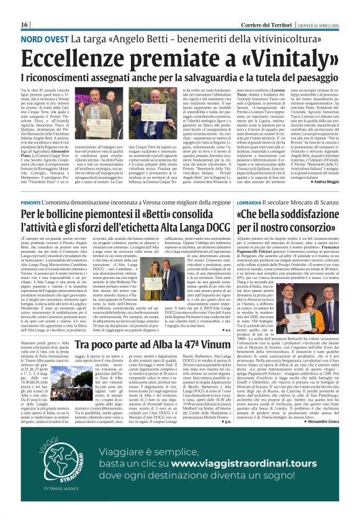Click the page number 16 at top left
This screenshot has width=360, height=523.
tap(25, 24)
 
